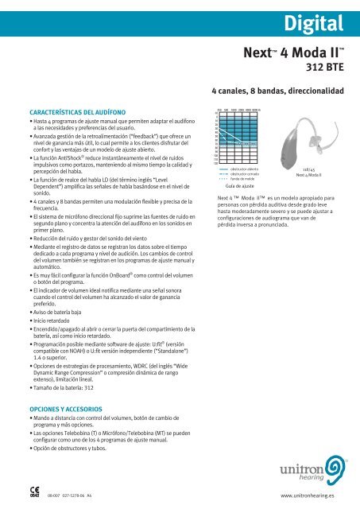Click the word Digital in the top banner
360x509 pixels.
pyautogui.click(x=320, y=18)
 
